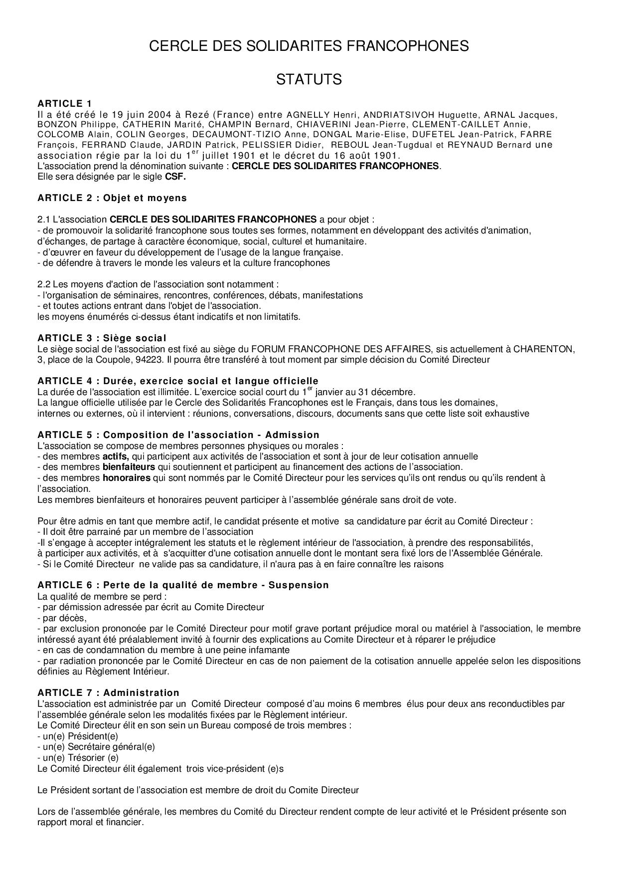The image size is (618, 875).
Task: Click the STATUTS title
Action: point(309,79)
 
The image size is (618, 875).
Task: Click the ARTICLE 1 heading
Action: point(65,104)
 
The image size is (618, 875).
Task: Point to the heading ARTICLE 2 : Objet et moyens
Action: point(112,198)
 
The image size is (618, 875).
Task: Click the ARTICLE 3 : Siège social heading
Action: point(102,338)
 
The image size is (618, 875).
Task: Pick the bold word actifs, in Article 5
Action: point(116,456)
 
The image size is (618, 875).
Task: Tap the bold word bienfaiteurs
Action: point(129,467)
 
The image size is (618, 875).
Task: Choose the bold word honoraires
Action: point(126,478)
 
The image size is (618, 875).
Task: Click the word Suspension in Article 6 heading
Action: point(299,585)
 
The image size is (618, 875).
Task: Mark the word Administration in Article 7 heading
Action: point(141,693)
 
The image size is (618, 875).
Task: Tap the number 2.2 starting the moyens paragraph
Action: point(44,284)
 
